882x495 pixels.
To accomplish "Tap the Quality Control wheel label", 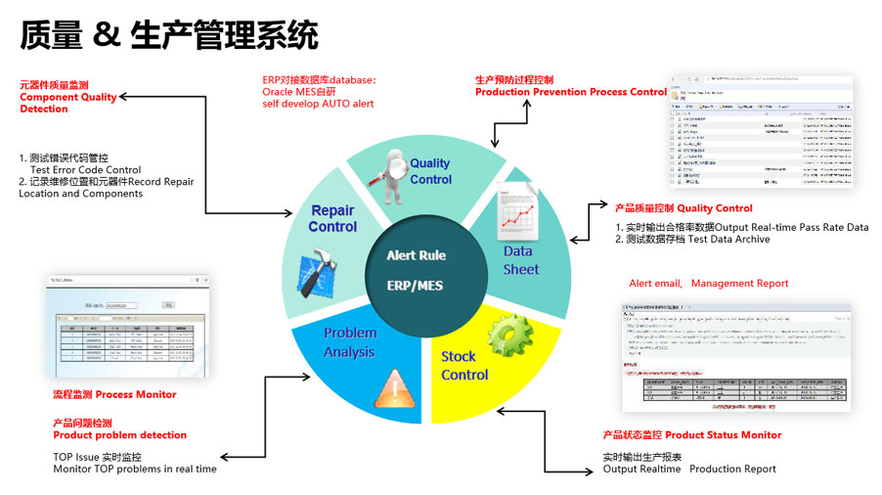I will [x=430, y=171].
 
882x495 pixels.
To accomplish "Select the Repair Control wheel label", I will [x=332, y=218].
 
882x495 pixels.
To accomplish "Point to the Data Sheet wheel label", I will [x=521, y=260].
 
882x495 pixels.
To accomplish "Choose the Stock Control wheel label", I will [x=464, y=365].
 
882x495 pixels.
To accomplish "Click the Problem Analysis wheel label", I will [x=350, y=342].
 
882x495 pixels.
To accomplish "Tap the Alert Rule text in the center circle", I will [x=416, y=255].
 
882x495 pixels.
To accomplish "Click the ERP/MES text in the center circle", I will [x=416, y=287].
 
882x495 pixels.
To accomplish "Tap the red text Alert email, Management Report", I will [x=708, y=284].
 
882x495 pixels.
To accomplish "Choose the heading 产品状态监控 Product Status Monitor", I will [x=691, y=434].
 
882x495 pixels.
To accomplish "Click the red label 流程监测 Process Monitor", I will [x=114, y=394].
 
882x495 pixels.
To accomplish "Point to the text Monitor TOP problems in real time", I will [x=135, y=470].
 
